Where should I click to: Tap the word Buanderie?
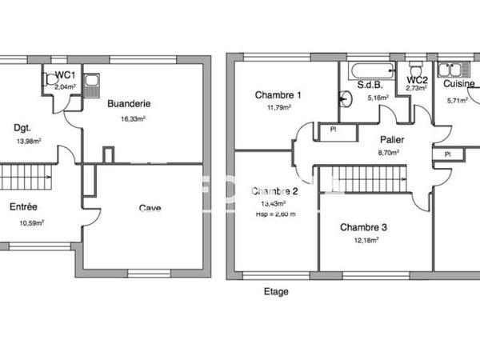129,103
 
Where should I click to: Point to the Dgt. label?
22,126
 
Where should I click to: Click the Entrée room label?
23,206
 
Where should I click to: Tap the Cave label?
150,208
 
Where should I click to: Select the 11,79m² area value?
273,106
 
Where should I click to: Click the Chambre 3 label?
363,227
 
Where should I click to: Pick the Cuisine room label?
459,83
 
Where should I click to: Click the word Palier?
391,139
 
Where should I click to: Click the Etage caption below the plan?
276,292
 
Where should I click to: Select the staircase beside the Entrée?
26,176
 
